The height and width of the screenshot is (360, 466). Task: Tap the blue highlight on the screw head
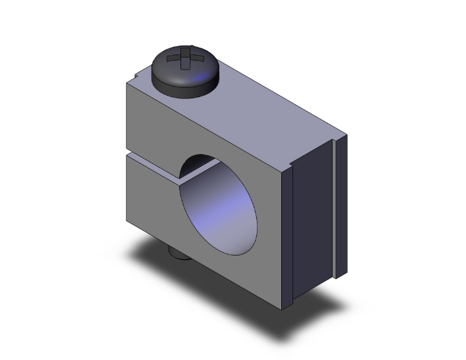202,78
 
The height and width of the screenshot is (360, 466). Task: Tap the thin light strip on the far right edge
341,207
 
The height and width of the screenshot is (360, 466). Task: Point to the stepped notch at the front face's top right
289,167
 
